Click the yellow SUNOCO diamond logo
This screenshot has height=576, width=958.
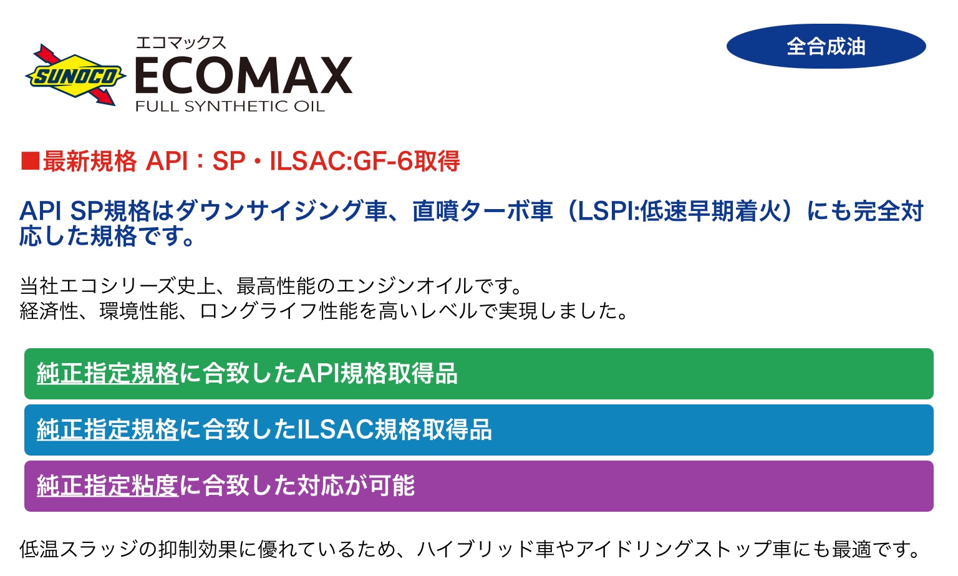coord(75,76)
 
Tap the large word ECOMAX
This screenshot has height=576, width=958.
coord(244,76)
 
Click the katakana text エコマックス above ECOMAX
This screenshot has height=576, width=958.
coord(180,43)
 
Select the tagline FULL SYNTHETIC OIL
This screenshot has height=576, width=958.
coord(230,106)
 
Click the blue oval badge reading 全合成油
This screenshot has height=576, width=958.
coord(826,46)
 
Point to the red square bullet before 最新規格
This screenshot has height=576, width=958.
coord(31,161)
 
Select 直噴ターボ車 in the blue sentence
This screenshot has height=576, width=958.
coord(482,212)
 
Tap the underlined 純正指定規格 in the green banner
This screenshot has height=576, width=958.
coord(107,373)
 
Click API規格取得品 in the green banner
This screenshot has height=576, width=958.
coord(377,373)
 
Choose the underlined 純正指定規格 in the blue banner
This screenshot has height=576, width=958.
coord(107,429)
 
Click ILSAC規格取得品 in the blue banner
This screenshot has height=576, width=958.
coord(394,429)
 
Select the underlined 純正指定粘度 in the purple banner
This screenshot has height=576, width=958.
coord(107,486)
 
